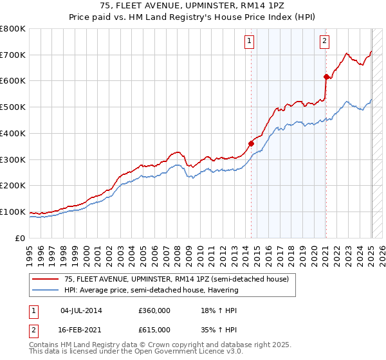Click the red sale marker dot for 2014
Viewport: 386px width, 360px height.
[x=251, y=143]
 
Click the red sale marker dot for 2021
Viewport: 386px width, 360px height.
[x=326, y=76]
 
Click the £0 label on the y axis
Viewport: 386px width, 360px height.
[x=20, y=238]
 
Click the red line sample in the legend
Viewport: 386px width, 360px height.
[x=45, y=279]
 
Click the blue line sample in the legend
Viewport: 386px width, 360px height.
[x=45, y=290]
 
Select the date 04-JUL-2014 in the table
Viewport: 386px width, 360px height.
[x=81, y=310]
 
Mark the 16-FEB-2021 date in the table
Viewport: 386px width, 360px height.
[x=81, y=330]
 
